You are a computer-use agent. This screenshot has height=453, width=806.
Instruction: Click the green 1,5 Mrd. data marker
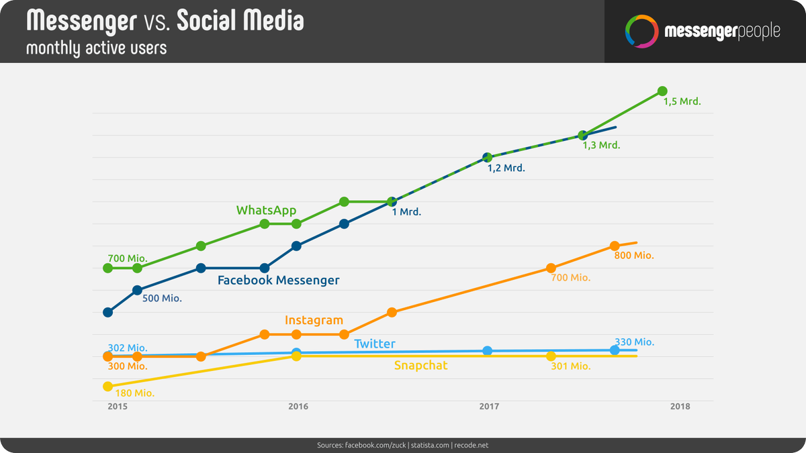tap(662, 91)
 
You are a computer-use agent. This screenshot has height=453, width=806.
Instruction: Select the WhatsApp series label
tap(266, 210)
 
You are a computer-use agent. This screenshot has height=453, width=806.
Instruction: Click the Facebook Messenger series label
tap(278, 281)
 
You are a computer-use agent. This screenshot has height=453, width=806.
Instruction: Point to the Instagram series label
tap(314, 320)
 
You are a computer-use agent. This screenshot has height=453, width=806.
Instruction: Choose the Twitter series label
tap(375, 344)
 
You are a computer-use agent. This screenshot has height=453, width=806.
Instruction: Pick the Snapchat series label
tap(420, 365)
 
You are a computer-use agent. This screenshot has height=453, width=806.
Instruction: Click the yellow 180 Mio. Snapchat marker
tap(107, 387)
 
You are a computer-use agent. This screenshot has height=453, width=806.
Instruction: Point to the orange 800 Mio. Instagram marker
tap(614, 246)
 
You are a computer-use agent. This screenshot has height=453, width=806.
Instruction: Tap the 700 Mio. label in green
tap(127, 258)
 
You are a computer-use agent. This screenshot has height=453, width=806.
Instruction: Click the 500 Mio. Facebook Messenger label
tap(162, 298)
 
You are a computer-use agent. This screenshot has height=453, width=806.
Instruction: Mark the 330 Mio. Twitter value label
tap(634, 342)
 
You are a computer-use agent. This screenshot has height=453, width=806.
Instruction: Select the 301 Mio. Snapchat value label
tap(570, 366)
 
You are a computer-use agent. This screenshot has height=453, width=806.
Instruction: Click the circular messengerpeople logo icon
tap(640, 32)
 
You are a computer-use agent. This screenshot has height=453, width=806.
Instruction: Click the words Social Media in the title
tap(240, 21)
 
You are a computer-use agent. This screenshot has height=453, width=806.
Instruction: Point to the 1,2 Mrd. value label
tap(506, 168)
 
